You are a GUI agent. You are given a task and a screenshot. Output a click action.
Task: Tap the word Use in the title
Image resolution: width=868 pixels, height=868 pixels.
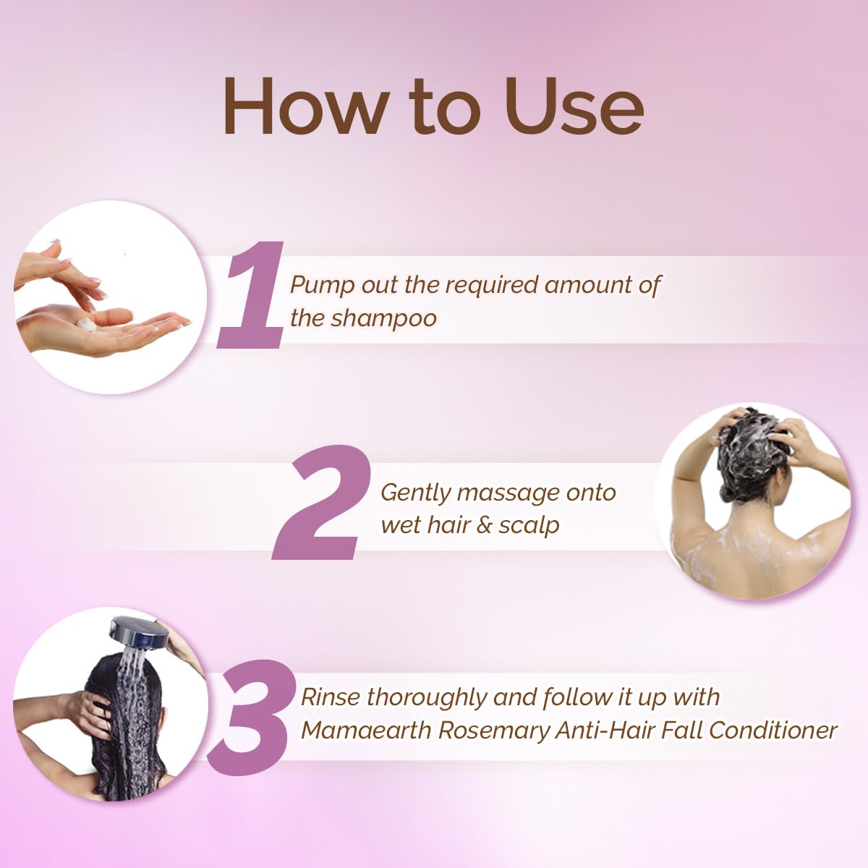[x=574, y=106]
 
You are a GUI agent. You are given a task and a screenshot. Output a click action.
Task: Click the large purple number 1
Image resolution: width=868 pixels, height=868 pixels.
[x=251, y=294]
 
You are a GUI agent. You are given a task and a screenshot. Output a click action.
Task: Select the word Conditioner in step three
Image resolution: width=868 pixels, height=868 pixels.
[x=773, y=730]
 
